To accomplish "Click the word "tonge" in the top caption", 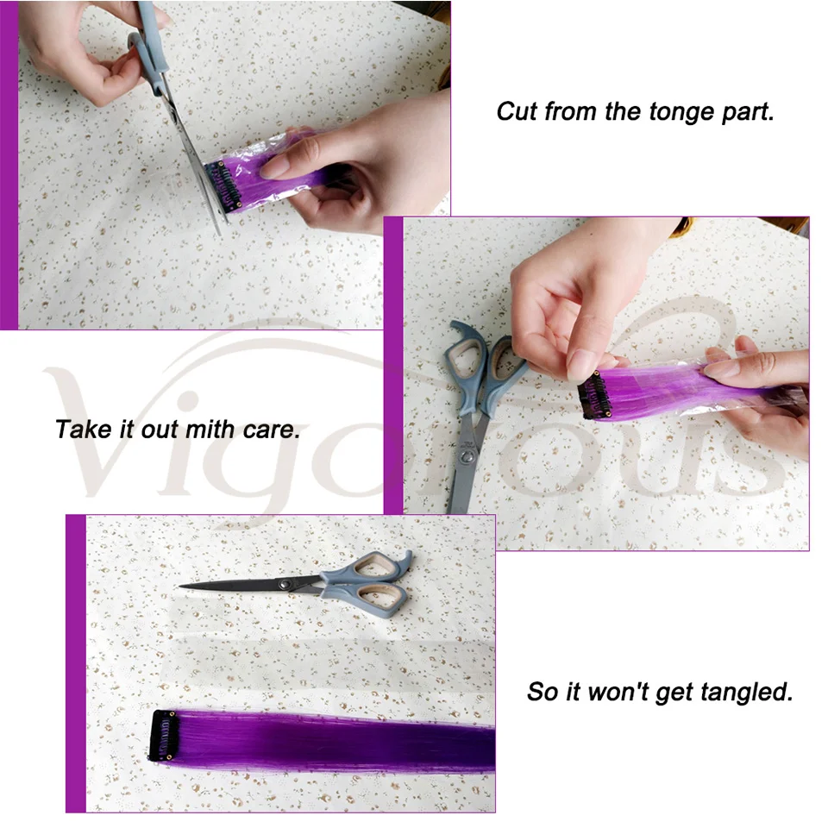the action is point(681,113).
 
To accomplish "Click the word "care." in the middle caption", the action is point(272,430).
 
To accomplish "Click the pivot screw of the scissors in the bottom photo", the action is point(286,584).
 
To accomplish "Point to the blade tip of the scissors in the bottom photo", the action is point(180,586).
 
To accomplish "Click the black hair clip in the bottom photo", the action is point(164,736).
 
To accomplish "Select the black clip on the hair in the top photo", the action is point(223,186).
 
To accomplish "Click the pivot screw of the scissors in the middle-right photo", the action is point(465,456).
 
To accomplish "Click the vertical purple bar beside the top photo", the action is point(9,165).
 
